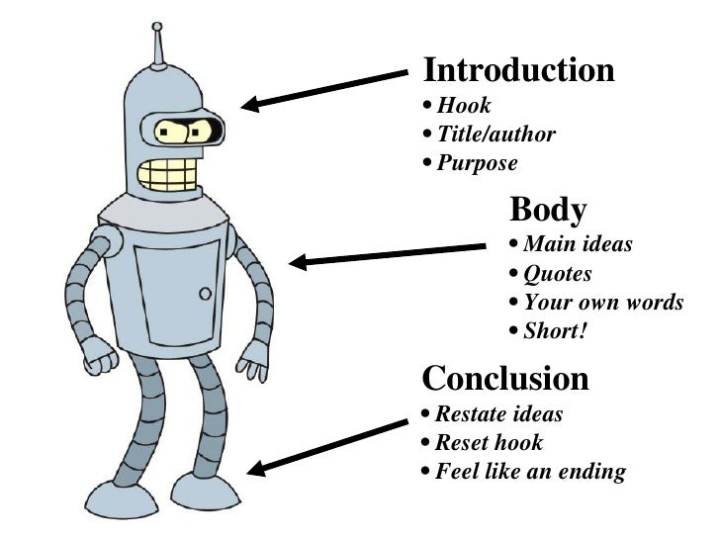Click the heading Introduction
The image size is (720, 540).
coord(518,70)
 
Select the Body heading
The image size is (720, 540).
coord(548,210)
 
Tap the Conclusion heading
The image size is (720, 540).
coord(505,378)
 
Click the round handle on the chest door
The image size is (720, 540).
coord(205,294)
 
